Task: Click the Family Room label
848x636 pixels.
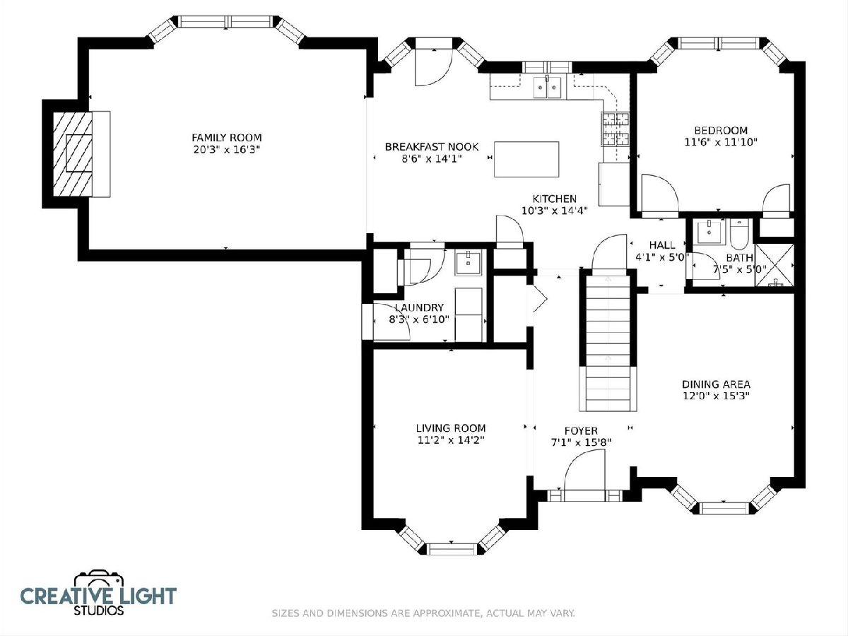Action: tap(227, 138)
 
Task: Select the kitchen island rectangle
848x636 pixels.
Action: tap(526, 159)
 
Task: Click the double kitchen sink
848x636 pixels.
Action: tap(547, 87)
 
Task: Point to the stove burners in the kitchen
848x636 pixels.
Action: tap(616, 129)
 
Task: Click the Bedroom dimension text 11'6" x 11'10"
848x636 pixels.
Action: tap(721, 142)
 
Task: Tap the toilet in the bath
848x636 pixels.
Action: tap(739, 233)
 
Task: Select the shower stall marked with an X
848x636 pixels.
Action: tap(775, 265)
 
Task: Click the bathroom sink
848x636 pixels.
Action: tap(709, 232)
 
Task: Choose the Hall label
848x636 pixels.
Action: tap(662, 245)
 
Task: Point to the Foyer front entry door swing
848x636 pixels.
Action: tap(584, 471)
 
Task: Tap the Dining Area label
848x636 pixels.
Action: tap(716, 384)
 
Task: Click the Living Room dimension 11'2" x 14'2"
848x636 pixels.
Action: tap(451, 440)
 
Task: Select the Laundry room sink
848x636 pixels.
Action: tap(469, 263)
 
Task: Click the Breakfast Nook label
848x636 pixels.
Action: tap(432, 147)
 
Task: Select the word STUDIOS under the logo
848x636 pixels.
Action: tap(98, 610)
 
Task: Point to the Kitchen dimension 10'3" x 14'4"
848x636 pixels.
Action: tap(555, 211)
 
